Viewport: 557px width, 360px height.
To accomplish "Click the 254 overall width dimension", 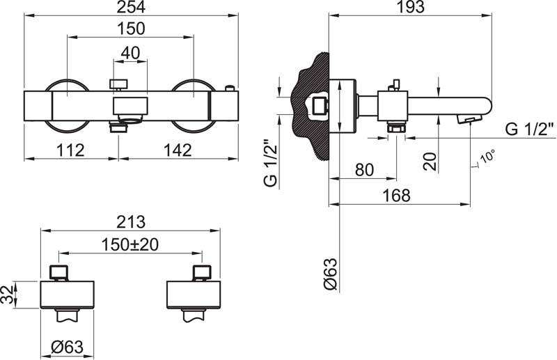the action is (x=131, y=7).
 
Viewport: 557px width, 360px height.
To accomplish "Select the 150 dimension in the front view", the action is (x=131, y=29).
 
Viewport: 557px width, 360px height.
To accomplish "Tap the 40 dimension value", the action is (x=130, y=53).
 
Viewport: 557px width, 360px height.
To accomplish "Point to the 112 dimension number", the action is (x=71, y=150).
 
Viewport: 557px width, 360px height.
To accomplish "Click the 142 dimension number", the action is (x=178, y=150).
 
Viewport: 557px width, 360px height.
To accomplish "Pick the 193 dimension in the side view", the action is (x=411, y=7).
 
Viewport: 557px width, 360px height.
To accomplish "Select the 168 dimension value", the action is (x=396, y=196).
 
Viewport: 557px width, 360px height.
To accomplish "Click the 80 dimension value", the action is (x=364, y=170).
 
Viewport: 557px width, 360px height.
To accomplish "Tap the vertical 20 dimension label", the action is (x=430, y=162).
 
